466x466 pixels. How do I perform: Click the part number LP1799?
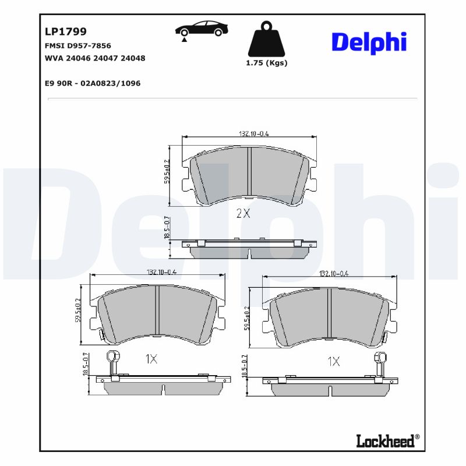66,31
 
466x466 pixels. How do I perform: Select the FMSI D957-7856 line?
77,45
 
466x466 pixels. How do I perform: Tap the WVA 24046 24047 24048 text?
95,58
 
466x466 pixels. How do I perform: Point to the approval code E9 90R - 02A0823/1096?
93,83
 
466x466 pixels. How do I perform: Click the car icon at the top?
202,29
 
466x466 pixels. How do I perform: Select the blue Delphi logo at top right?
369,43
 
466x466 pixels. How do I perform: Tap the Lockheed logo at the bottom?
387,441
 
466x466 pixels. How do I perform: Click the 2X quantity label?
243,213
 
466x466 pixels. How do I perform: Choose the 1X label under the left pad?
150,359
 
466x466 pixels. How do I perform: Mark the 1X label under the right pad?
333,362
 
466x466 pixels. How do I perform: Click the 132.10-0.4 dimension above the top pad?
253,133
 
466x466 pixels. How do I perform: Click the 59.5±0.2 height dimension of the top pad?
167,172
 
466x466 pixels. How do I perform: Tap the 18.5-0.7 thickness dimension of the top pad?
167,228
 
